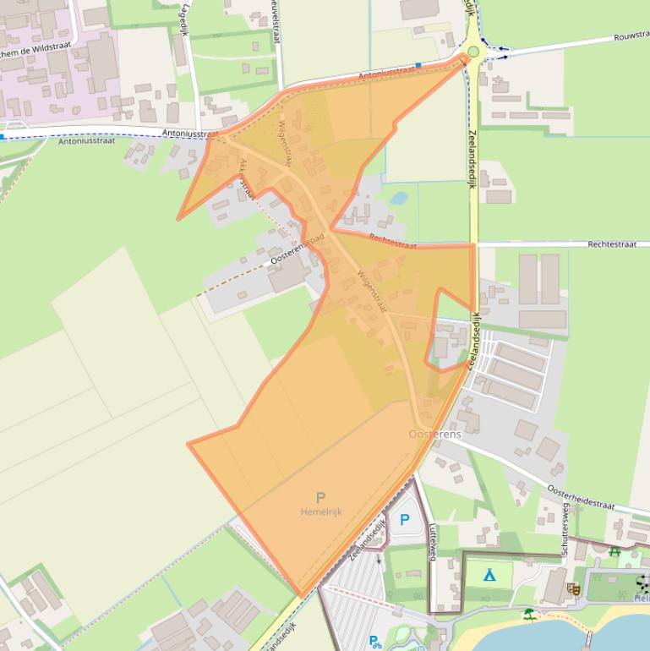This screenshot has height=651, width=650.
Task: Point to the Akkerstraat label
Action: (246, 178)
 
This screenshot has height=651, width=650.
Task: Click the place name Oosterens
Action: (434, 434)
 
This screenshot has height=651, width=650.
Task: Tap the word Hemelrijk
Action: (321, 511)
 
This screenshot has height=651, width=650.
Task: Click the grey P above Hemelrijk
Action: (320, 498)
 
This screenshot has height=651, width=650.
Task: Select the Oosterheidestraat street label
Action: (581, 496)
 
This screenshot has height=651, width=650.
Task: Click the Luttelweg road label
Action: (432, 541)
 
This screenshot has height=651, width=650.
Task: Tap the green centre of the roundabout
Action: (473, 52)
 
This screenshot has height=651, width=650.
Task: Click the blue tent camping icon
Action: (489, 575)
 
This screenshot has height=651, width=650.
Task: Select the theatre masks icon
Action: (574, 588)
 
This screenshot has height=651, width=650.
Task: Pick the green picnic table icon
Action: (614, 551)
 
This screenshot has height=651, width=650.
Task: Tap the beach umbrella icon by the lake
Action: (529, 613)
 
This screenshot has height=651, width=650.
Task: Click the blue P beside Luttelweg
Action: (404, 521)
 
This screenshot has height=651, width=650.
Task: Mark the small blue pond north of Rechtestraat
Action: (399, 198)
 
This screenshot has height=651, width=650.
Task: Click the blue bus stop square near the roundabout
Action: (418, 64)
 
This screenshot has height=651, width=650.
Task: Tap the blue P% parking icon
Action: (374, 642)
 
